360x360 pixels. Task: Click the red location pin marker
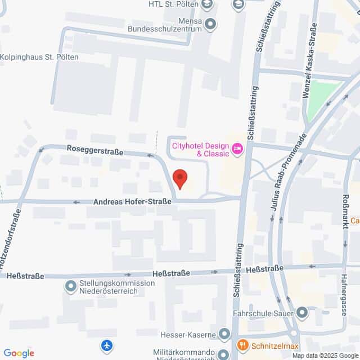tap(180, 178)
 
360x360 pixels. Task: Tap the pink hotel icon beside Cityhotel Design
tap(237, 149)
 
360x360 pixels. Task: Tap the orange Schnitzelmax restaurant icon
tap(243, 345)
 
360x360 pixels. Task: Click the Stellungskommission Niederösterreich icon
tap(70, 287)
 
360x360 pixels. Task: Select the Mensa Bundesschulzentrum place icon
tap(211, 24)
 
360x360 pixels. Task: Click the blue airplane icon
tap(107, 344)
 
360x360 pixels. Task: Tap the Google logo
tap(19, 353)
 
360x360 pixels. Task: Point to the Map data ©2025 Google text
tap(325, 355)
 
